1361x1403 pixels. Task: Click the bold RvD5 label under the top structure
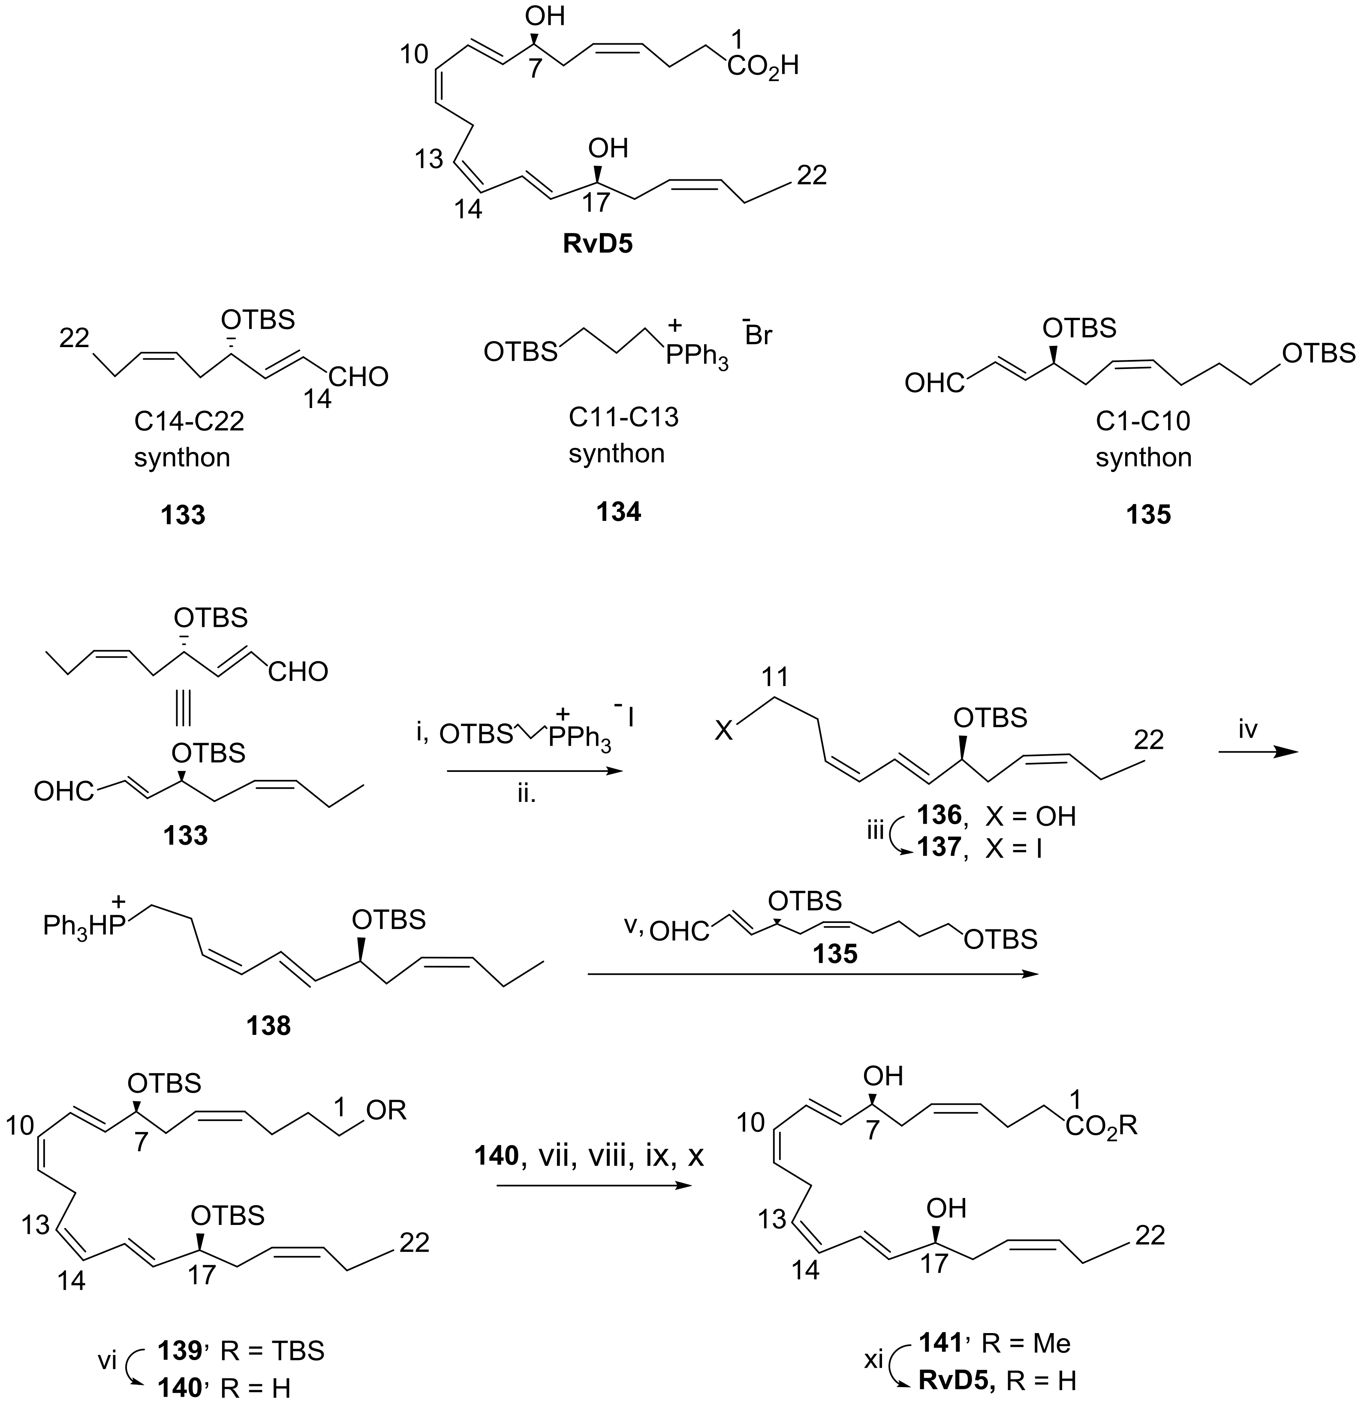pos(598,244)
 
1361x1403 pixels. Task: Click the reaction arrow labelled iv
pos(1257,752)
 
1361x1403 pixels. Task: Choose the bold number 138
pos(268,1026)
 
